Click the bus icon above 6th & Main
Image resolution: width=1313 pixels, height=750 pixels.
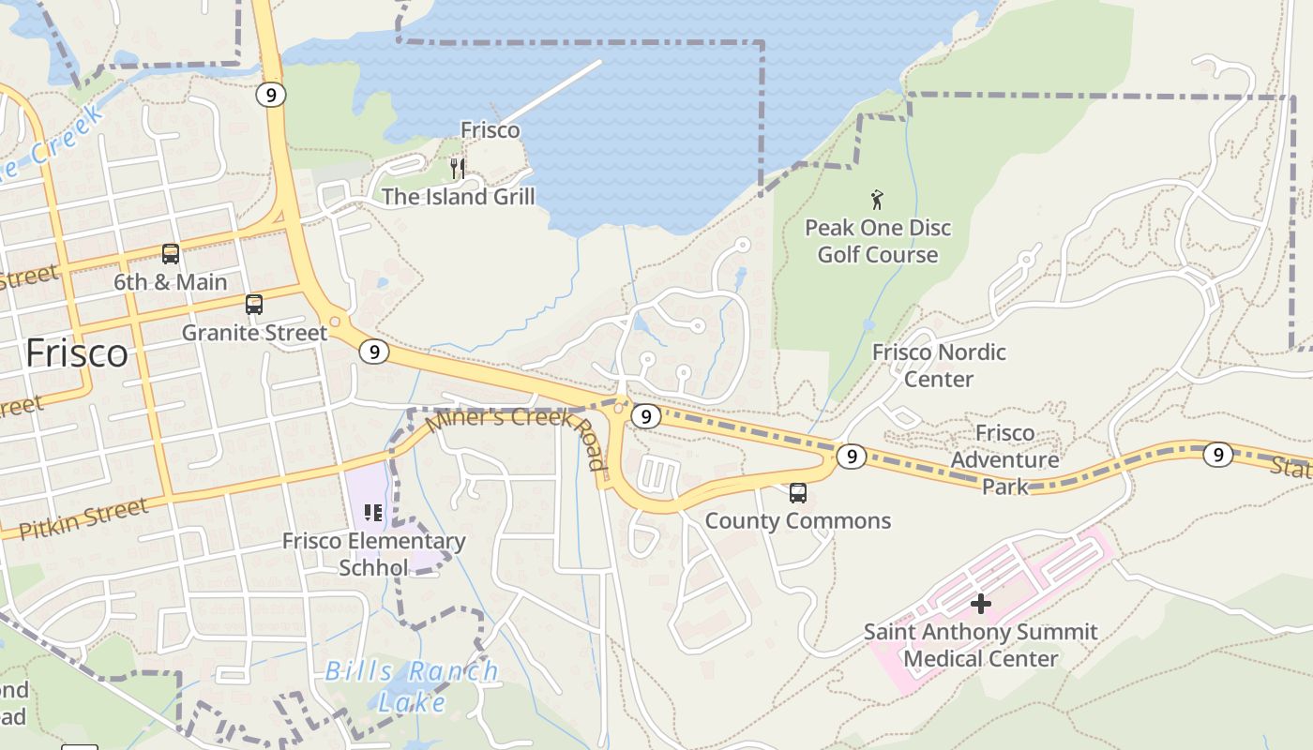pos(171,253)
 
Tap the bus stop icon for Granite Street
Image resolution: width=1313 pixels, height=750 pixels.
pos(253,305)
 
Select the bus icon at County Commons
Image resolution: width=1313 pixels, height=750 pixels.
pos(797,492)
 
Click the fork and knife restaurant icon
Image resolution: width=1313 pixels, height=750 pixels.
pos(458,169)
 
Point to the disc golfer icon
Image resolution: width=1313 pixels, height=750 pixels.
pos(877,200)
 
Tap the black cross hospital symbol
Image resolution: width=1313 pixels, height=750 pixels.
pos(980,604)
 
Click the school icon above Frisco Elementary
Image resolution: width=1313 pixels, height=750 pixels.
pos(373,513)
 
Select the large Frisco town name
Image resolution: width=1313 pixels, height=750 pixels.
pos(77,353)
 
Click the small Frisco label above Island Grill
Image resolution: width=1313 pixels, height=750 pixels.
pos(490,130)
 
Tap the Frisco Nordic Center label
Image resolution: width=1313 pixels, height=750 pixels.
pos(939,366)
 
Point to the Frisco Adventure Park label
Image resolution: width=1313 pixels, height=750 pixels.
pos(1004,459)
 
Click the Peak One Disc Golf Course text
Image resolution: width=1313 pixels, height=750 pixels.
pos(878,241)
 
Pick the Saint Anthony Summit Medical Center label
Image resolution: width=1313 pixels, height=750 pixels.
pos(980,645)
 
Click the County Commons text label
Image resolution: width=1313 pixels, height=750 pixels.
pos(797,521)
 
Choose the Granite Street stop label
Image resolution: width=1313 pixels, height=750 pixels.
pos(254,333)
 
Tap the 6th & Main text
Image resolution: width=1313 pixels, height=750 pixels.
pos(171,282)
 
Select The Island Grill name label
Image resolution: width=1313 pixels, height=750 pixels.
pos(458,197)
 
